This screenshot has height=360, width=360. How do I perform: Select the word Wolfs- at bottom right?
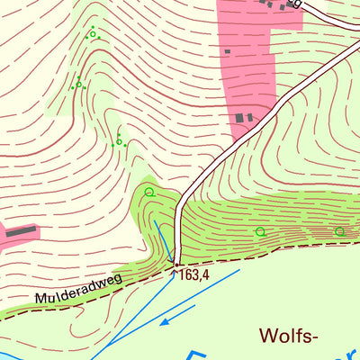coord(289,337)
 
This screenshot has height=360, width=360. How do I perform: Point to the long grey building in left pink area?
coord(22,232)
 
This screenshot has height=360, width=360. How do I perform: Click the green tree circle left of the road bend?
coord(149,192)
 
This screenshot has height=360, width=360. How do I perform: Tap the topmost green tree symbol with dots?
coord(92,34)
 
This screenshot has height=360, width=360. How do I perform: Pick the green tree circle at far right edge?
coord(339,231)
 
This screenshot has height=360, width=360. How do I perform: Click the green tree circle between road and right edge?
coord(260,231)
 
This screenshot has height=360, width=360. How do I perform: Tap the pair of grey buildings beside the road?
coord(244,118)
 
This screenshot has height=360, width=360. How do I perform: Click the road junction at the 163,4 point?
coord(175,264)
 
